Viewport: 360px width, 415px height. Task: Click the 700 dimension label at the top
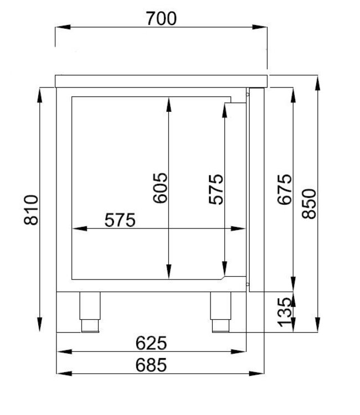162,18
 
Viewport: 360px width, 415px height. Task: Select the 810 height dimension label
32,210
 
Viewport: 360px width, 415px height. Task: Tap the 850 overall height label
309,203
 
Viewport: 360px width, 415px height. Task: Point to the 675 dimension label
284,189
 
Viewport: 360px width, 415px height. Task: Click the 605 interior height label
160,188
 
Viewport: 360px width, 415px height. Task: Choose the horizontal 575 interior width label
120,220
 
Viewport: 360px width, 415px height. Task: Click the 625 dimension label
151,343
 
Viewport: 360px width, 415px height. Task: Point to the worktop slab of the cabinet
161,81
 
